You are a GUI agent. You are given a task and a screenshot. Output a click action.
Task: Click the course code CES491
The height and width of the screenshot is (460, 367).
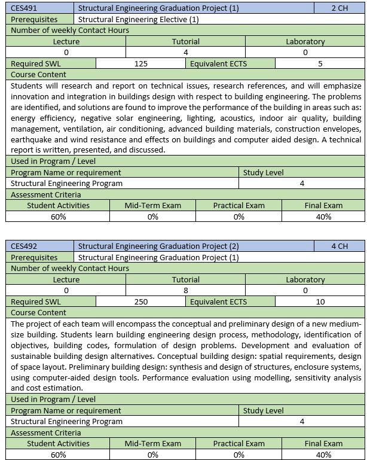tap(25, 8)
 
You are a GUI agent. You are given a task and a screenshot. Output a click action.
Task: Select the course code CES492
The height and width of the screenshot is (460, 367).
tap(25, 246)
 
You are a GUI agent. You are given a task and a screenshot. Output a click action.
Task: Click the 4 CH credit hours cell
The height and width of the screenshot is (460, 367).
tap(339, 246)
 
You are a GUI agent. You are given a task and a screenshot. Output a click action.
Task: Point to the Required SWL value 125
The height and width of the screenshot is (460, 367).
tap(141, 63)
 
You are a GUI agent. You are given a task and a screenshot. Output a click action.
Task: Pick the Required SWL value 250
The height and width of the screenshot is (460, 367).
tap(141, 301)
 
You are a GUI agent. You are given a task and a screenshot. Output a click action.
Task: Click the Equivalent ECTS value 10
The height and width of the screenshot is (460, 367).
tap(320, 301)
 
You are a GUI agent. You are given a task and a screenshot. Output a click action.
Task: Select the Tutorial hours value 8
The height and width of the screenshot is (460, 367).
tap(186, 291)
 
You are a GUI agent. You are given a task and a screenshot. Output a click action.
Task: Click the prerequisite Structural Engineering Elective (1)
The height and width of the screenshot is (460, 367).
tap(139, 19)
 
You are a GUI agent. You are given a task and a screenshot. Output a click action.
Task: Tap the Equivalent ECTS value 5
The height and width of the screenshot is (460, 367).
tap(320, 63)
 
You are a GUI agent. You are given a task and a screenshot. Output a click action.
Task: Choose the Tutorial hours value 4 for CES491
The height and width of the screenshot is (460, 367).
tap(186, 53)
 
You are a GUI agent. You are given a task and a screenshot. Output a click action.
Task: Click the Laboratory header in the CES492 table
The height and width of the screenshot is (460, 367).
tap(305, 279)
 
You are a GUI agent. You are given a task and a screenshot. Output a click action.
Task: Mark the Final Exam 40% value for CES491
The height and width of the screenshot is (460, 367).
tap(324, 217)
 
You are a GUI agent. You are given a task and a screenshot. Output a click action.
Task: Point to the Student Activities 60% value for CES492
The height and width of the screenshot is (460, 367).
tap(58, 455)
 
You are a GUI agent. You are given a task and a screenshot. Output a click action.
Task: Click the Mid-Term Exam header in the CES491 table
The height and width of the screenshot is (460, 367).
tap(152, 205)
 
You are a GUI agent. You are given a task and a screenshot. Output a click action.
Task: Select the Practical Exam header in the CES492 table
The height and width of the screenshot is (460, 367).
tap(238, 443)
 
